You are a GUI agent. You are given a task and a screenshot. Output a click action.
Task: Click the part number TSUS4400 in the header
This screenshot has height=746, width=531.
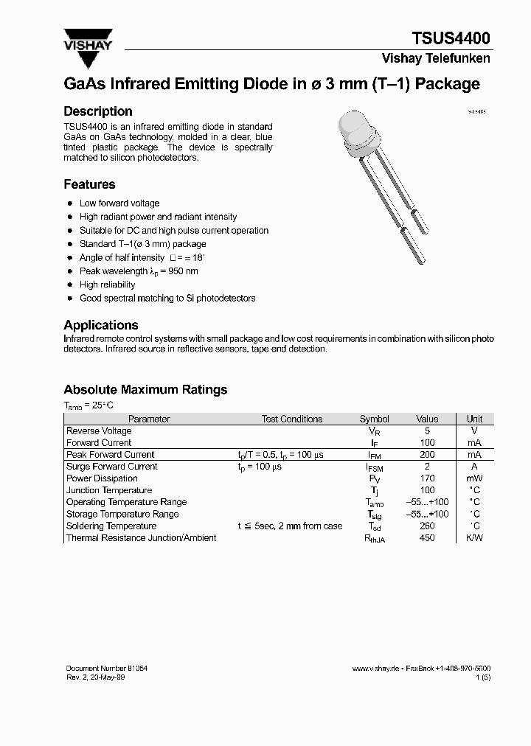point(451,38)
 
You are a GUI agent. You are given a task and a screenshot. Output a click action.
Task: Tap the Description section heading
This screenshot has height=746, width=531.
point(98,111)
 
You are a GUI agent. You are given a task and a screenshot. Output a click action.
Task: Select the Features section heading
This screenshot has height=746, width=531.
point(89,184)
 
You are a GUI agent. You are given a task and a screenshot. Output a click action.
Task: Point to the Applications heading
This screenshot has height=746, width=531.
point(101,325)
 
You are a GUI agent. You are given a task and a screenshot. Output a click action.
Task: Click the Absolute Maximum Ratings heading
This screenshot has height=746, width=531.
point(145,389)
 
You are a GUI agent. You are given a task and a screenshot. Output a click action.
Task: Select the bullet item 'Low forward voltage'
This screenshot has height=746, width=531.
point(119,203)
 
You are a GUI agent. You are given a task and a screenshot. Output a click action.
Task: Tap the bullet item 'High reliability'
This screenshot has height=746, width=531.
point(107,285)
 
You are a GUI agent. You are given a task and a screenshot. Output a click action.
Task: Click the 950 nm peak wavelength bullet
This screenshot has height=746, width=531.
point(139,271)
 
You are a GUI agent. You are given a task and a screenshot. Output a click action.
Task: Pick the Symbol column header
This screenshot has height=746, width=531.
point(374,419)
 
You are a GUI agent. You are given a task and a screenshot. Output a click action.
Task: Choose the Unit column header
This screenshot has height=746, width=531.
point(474,419)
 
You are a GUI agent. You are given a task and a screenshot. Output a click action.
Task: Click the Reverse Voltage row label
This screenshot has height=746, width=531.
point(99,430)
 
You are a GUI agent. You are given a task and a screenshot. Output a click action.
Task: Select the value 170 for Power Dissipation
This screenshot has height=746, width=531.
point(427,478)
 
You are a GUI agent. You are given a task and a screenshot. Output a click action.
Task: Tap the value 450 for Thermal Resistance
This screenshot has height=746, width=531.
point(427,538)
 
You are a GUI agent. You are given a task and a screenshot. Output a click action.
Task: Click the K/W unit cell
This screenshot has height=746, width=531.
point(474,538)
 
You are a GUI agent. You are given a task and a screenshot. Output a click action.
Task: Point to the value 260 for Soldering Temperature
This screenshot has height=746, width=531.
point(427,526)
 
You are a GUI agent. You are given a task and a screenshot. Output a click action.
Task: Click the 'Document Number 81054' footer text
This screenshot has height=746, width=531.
point(107,668)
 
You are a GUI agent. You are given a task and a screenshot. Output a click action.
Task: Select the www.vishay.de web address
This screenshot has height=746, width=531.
point(375,668)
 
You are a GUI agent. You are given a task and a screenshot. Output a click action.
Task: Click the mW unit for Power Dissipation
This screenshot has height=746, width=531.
point(474,478)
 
